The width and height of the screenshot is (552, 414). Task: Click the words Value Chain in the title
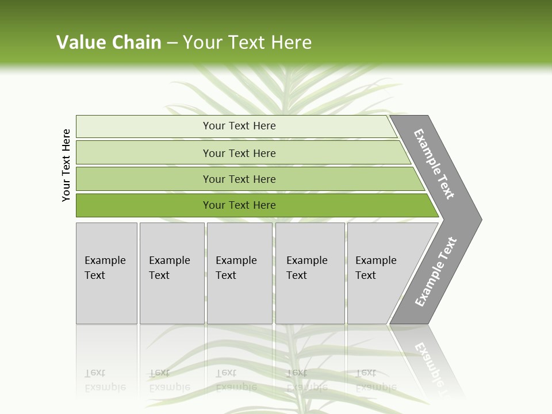pos(109,42)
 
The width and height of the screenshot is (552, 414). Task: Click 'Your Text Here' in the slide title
pos(247,42)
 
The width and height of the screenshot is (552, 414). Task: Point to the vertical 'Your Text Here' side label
pos(66,165)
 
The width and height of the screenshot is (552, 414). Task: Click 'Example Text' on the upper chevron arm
pos(434,164)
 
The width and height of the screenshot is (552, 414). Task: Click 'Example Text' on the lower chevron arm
pos(436,271)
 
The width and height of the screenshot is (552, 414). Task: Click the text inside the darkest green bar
pos(239,205)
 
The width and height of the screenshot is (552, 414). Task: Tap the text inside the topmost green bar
pos(239,126)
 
